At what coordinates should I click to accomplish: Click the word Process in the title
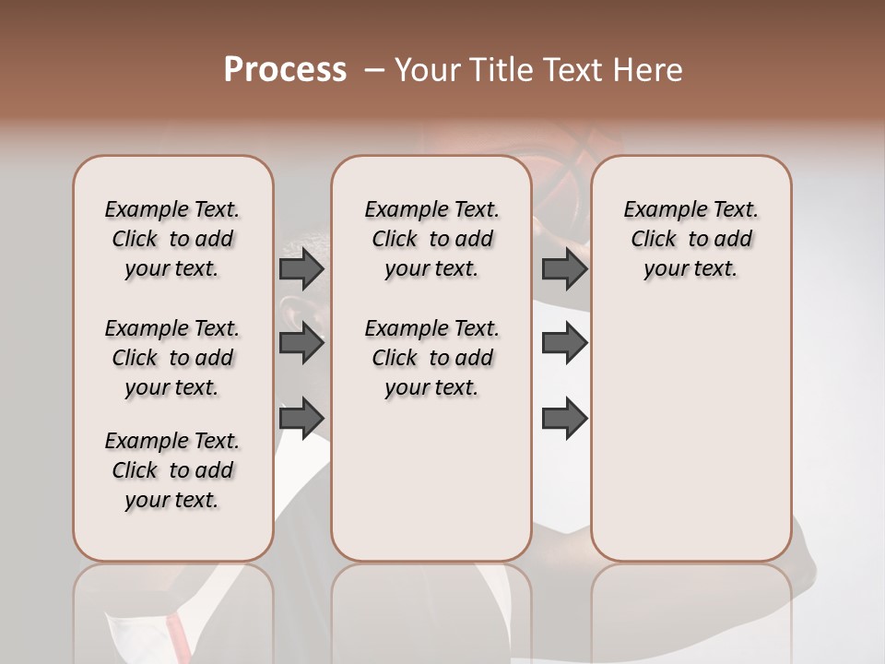(x=285, y=70)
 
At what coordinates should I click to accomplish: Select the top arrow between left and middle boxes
(x=301, y=269)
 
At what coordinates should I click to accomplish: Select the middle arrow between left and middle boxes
(x=301, y=343)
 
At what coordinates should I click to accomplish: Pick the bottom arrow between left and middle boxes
(x=301, y=418)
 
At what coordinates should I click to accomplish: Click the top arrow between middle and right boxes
(x=564, y=269)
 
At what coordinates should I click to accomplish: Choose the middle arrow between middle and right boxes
(x=564, y=343)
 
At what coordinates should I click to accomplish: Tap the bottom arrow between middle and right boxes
(x=564, y=418)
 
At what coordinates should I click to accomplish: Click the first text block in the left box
(x=172, y=239)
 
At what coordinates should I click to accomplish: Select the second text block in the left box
(x=172, y=358)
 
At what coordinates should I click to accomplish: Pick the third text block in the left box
(x=172, y=470)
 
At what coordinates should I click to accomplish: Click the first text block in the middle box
(x=431, y=239)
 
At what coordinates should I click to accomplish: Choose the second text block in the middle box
(x=431, y=358)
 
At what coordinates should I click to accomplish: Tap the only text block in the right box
(x=690, y=239)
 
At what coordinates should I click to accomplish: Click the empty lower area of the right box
(x=690, y=433)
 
